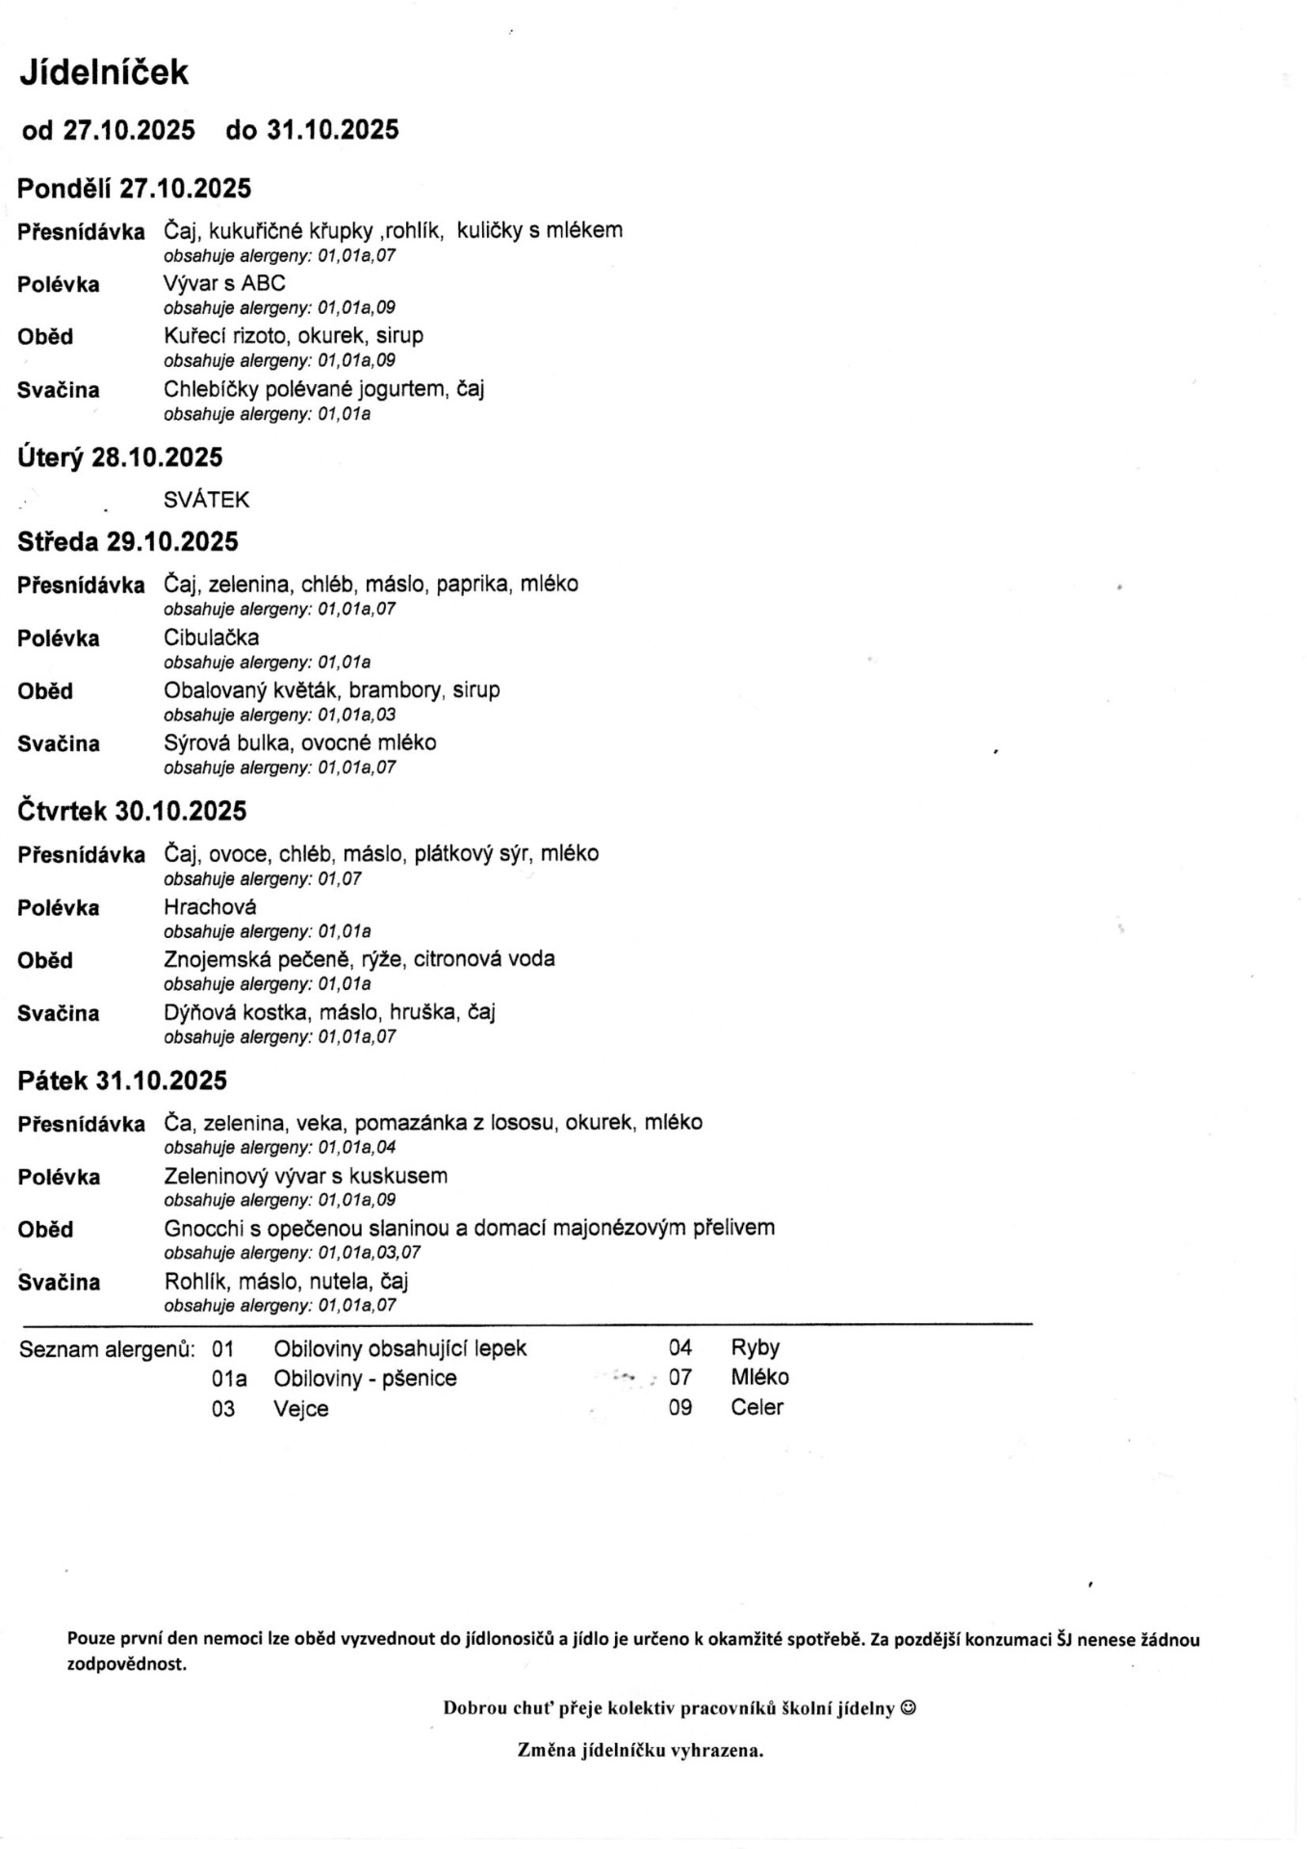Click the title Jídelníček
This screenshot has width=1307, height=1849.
tap(104, 73)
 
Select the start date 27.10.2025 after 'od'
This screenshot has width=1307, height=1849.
tap(129, 131)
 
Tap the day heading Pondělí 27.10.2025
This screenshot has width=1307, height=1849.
tap(134, 189)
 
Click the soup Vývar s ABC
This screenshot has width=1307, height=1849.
tap(224, 283)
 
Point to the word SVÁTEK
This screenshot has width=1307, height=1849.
tap(206, 500)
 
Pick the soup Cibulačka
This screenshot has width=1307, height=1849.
tap(211, 638)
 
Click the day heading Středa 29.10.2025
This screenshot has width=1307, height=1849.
tap(127, 542)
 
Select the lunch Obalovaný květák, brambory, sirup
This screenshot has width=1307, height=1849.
tap(331, 690)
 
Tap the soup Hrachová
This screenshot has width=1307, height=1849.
tap(210, 906)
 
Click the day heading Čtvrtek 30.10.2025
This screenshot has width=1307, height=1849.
tap(132, 812)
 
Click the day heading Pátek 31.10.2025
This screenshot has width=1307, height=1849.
tap(122, 1081)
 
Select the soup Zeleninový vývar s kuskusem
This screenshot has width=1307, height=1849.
tap(305, 1176)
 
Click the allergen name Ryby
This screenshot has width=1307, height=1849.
tap(755, 1348)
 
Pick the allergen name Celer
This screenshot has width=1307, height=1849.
tap(756, 1408)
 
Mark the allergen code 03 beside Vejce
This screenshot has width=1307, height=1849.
tap(223, 1409)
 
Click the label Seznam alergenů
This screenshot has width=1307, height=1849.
tap(107, 1349)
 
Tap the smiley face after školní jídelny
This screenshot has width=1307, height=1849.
tap(908, 1708)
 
